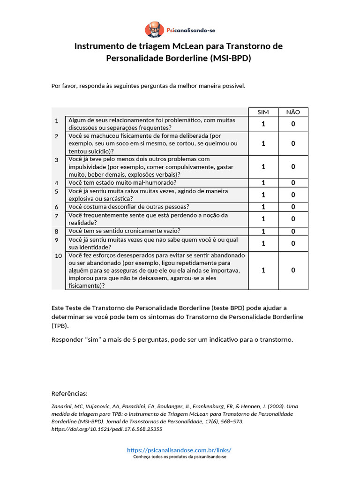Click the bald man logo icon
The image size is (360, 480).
point(154,30)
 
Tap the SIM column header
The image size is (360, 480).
point(263,112)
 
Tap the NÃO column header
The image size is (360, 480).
point(293,112)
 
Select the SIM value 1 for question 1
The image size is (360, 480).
point(263,124)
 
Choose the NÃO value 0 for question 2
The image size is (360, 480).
point(293,143)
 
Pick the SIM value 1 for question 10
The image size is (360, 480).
point(263,270)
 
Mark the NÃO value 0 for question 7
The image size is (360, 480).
point(293,219)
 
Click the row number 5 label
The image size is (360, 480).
point(57,192)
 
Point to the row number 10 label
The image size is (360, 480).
point(58,256)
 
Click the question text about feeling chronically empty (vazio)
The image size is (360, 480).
point(124,231)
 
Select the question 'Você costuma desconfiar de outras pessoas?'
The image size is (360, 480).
point(128,207)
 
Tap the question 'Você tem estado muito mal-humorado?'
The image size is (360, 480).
point(122,183)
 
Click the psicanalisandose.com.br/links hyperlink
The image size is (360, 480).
point(179,450)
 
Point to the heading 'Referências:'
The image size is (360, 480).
point(69,393)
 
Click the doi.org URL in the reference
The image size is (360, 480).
point(106,428)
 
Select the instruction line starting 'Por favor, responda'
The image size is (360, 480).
point(148,86)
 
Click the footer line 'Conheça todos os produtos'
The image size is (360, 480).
point(180,457)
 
